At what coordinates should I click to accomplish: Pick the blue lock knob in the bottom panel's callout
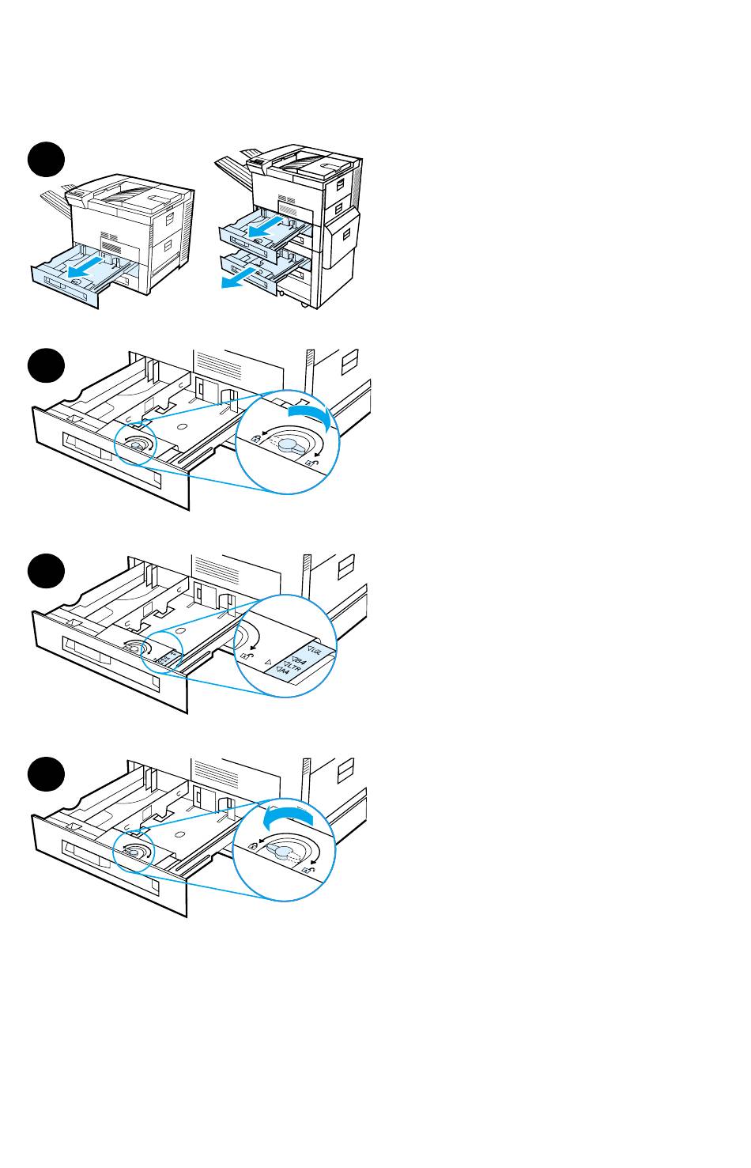pyautogui.click(x=279, y=850)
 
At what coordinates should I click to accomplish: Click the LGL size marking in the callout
pyautogui.click(x=317, y=651)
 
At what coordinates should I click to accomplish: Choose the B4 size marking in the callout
pyautogui.click(x=300, y=658)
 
